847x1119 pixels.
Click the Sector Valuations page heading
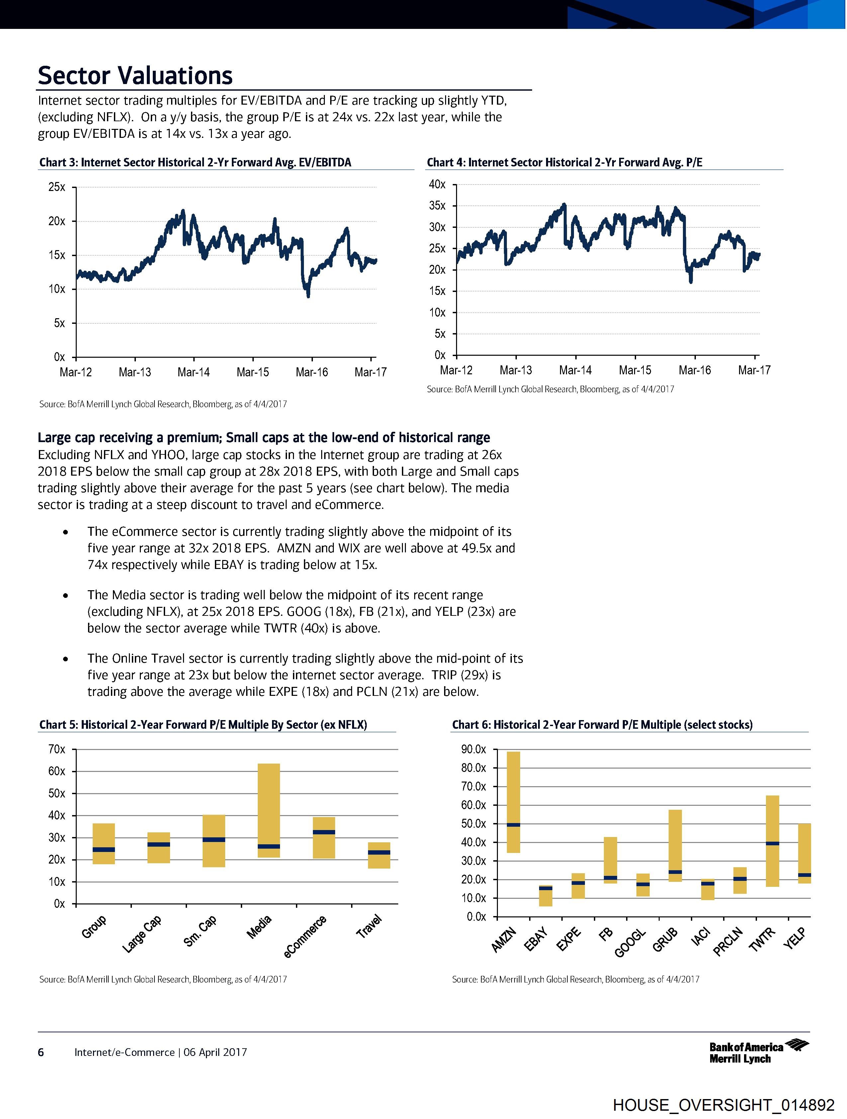pyautogui.click(x=135, y=75)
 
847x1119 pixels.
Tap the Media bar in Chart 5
pyautogui.click(x=269, y=810)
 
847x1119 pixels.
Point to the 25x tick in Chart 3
pyautogui.click(x=57, y=187)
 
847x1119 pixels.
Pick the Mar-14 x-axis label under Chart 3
pyautogui.click(x=193, y=372)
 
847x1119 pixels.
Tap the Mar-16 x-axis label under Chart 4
pyautogui.click(x=694, y=370)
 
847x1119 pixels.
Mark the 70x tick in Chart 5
pyautogui.click(x=57, y=749)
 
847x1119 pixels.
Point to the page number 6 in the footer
pyautogui.click(x=41, y=1052)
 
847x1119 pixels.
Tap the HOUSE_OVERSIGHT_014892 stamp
pyautogui.click(x=723, y=1105)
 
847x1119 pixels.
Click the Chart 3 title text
pyautogui.click(x=195, y=162)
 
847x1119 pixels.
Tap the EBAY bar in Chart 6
pyautogui.click(x=545, y=895)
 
